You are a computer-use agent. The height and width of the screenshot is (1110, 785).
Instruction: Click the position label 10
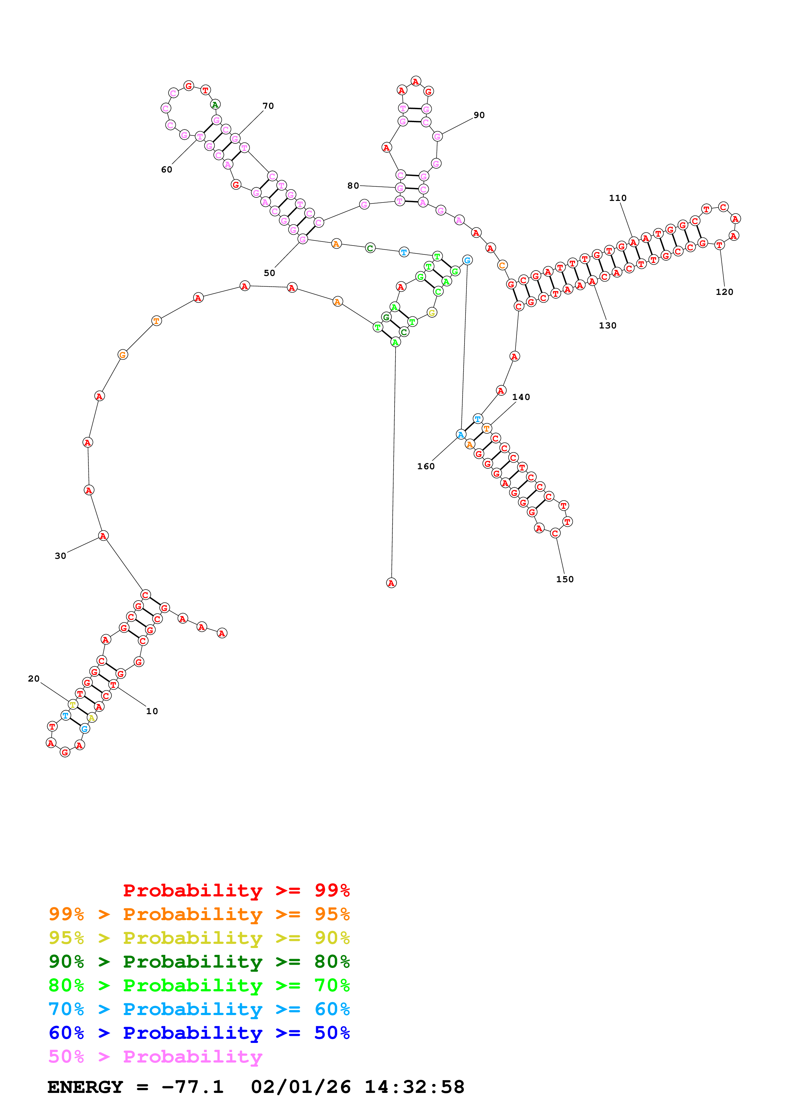click(x=152, y=711)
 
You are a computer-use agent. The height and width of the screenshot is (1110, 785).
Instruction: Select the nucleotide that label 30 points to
click(x=103, y=536)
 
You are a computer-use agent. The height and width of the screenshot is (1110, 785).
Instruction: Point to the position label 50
click(x=269, y=273)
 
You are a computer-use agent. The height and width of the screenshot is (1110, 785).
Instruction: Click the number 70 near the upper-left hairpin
click(x=268, y=106)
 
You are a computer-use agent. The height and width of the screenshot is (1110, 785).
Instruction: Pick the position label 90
click(x=479, y=115)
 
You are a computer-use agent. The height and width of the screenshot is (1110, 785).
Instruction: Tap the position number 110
click(x=618, y=198)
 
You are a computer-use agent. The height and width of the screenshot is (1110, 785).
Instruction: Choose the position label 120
click(x=724, y=292)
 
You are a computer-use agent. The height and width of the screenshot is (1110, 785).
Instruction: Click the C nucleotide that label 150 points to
click(x=555, y=533)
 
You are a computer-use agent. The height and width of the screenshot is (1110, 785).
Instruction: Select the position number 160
click(x=426, y=466)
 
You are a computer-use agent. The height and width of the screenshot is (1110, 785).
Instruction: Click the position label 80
click(x=353, y=186)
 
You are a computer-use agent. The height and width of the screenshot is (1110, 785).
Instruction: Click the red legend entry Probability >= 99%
click(x=236, y=890)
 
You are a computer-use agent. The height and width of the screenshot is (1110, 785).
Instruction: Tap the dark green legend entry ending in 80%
click(x=199, y=962)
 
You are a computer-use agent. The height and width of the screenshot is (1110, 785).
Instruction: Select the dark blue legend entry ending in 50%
click(x=199, y=1033)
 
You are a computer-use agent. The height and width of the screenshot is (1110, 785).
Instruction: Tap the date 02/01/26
click(x=301, y=1087)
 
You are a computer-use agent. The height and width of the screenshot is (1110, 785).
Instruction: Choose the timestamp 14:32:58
click(x=414, y=1087)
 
